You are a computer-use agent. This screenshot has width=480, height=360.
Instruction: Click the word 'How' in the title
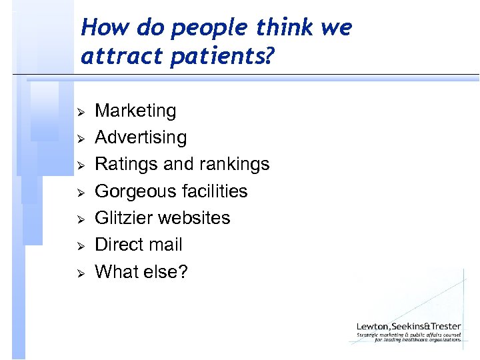tap(100, 28)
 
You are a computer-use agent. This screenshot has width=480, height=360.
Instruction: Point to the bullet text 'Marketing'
tap(135, 111)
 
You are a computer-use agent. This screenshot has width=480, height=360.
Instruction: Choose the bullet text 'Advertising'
tap(141, 137)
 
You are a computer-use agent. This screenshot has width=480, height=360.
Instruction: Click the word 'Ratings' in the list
tap(123, 164)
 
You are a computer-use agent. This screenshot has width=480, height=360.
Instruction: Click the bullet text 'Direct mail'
tap(139, 245)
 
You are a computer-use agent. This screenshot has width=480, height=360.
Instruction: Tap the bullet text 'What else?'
tap(141, 271)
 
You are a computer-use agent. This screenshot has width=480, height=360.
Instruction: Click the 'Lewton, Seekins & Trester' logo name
tap(409, 326)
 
